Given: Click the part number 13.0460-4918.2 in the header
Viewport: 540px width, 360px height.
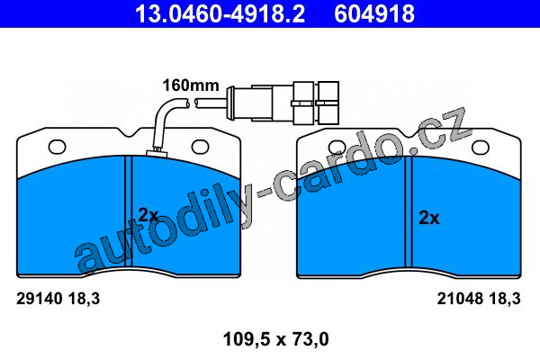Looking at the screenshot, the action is (220, 13).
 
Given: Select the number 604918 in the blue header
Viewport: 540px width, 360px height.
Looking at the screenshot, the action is (374, 13).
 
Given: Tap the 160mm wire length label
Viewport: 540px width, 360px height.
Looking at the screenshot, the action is (191, 85).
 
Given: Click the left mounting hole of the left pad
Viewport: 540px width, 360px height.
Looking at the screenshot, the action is (58, 147).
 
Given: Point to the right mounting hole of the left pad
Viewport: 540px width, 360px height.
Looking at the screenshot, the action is (200, 147).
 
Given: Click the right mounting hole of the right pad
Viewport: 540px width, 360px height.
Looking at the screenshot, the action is (480, 148).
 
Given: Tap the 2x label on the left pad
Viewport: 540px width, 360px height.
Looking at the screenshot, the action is (148, 215).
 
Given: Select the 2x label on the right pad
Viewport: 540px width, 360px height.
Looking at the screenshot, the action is (429, 218).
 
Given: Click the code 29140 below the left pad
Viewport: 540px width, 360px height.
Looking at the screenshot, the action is (40, 299).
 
